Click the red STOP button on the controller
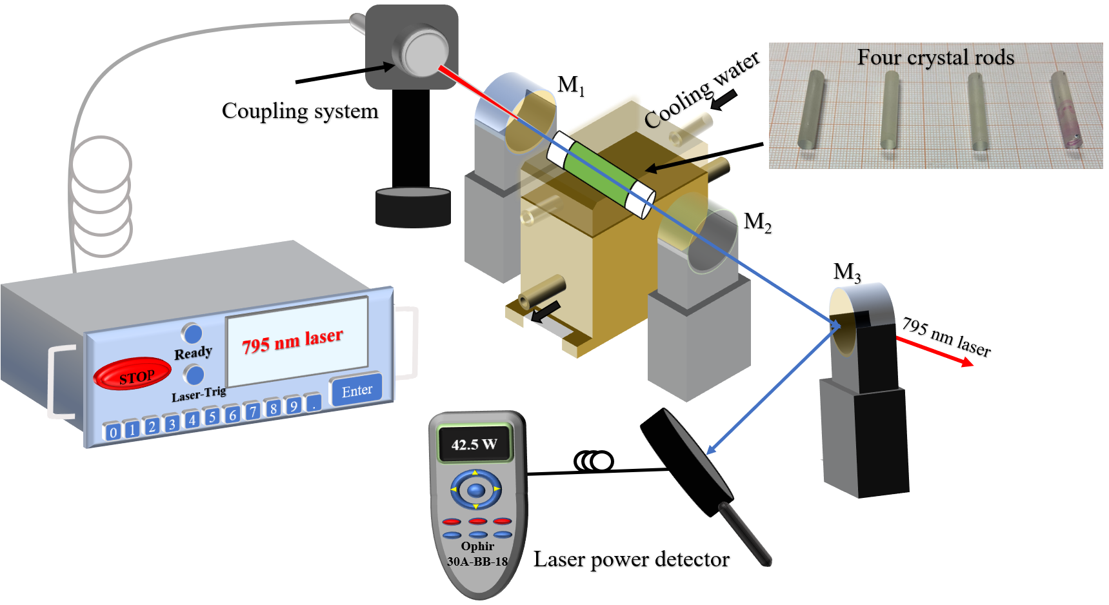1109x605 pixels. (132, 374)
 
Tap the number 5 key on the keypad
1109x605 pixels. (212, 417)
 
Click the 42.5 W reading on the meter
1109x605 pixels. (474, 444)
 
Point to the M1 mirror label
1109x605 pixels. (570, 85)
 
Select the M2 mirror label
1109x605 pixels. (757, 223)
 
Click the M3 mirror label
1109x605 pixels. (846, 272)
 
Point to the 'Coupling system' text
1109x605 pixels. (300, 111)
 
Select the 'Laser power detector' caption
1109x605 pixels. (631, 559)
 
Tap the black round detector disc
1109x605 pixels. (686, 461)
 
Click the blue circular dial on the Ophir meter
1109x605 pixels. (475, 490)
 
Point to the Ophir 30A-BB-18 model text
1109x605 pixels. (477, 554)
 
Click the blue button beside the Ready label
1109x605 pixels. (192, 333)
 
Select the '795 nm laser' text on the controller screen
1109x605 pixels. (293, 341)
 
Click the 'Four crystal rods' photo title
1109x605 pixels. (935, 57)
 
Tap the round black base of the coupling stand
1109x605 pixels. (413, 208)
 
